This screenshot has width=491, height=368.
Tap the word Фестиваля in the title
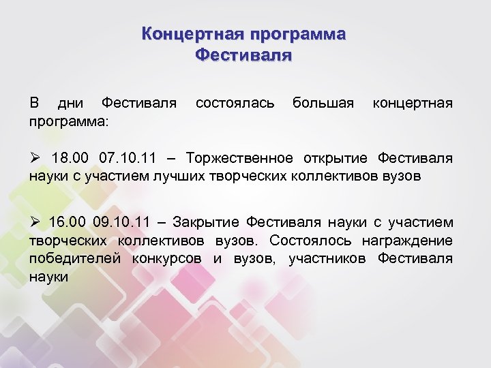coord(243,54)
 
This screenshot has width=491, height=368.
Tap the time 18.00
coord(70,159)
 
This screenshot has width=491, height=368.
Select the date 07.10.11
coord(128,159)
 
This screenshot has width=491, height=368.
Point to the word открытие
coord(332,159)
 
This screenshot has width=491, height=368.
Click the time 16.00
coord(69,223)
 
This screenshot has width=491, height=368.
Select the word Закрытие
coord(206,223)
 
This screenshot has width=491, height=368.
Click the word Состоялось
coord(308,241)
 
